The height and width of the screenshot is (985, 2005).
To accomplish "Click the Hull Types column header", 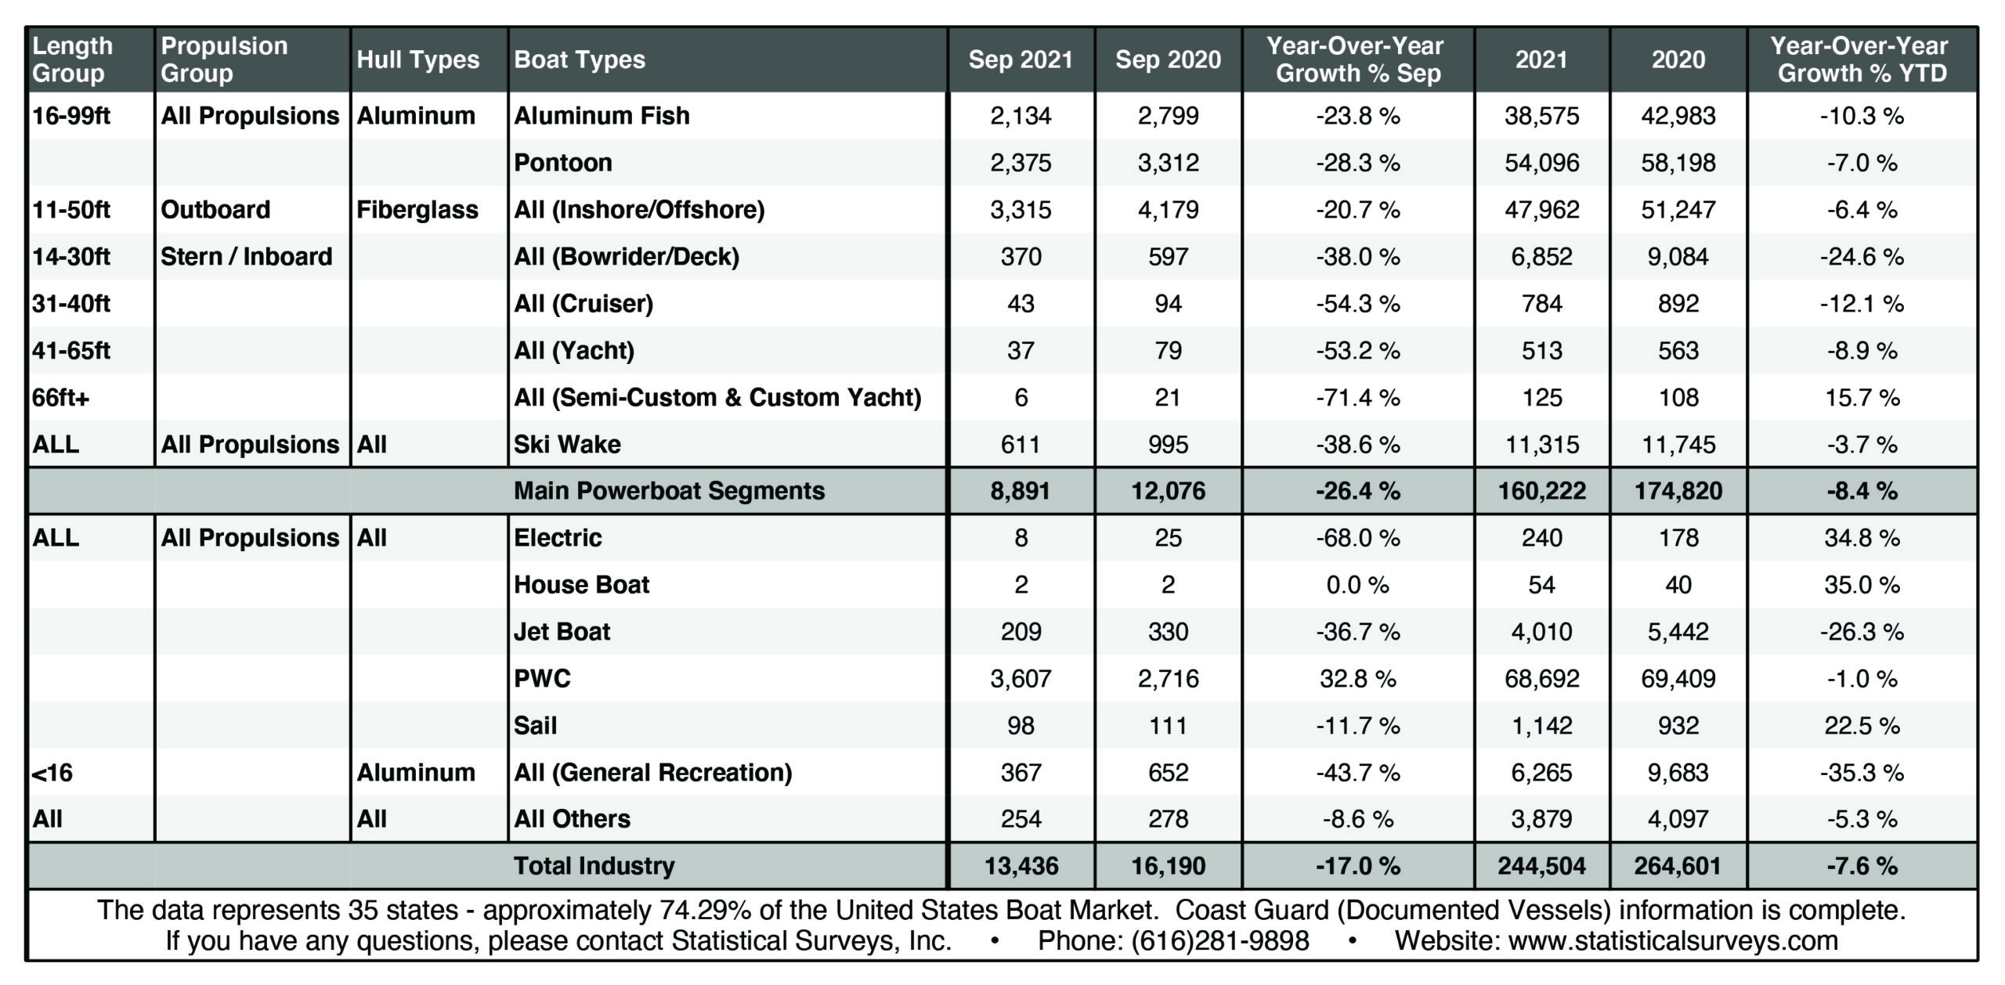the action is point(417,60).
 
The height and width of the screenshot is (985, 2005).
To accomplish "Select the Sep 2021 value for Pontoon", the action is point(1021,163).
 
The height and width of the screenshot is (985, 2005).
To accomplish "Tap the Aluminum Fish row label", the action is point(601,116).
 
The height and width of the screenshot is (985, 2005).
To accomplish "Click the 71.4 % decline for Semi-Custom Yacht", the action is point(1358,398).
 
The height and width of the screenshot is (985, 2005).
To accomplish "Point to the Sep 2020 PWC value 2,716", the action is point(1168,679).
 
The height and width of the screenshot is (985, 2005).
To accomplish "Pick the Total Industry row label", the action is point(594,866).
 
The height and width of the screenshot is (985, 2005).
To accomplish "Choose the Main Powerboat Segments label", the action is point(669,491).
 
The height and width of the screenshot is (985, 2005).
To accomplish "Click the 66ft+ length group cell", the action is point(61,398).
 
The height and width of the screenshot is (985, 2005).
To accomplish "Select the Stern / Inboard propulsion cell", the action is point(246,257).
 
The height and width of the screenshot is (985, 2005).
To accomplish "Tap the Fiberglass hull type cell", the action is point(417,210).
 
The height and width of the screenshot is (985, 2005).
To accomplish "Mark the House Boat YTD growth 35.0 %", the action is point(1862,585).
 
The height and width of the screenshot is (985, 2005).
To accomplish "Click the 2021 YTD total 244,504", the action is point(1541,866).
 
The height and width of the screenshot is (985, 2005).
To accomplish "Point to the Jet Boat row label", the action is point(562,632).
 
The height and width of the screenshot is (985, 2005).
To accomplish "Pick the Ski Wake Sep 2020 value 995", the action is point(1168,445).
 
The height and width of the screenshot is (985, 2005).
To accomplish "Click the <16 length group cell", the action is point(52,773).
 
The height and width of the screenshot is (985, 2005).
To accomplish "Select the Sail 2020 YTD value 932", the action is point(1678,726).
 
